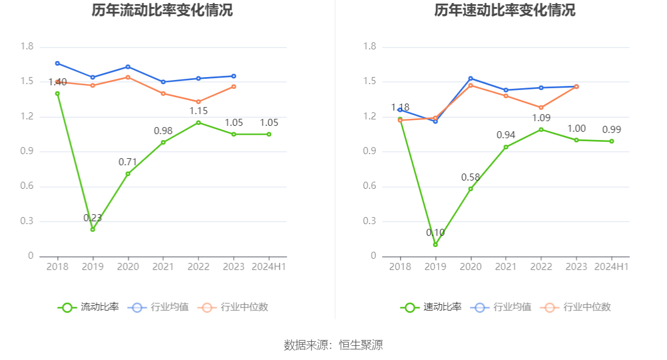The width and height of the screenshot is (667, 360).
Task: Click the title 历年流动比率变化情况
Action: pyautogui.click(x=162, y=11)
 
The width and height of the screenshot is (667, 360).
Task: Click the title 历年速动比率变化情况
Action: pyautogui.click(x=505, y=11)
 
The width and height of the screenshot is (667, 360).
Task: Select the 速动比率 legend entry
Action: pyautogui.click(x=431, y=307)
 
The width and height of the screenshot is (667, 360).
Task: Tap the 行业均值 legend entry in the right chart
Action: pyautogui.click(x=501, y=307)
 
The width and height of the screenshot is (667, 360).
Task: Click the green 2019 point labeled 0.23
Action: pyautogui.click(x=92, y=229)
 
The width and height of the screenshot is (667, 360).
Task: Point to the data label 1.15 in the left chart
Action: pyautogui.click(x=198, y=111)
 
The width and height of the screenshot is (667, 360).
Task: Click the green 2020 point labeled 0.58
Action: pyautogui.click(x=471, y=189)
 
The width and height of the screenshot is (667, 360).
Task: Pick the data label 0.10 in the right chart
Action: pyautogui.click(x=435, y=233)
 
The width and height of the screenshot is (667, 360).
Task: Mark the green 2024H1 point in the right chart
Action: pyautogui.click(x=612, y=141)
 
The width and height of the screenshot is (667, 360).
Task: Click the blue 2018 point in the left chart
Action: pyautogui.click(x=57, y=63)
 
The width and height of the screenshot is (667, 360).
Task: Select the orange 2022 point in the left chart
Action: pyautogui.click(x=198, y=102)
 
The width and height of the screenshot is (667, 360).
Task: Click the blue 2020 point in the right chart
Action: pyautogui.click(x=471, y=78)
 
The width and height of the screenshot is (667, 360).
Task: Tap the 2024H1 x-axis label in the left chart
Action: pyautogui.click(x=269, y=266)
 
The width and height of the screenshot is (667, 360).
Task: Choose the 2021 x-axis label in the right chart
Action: pyautogui.click(x=506, y=266)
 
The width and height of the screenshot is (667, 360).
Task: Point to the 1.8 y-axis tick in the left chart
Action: pyautogui.click(x=27, y=47)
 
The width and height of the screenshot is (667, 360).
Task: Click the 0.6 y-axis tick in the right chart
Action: pyautogui.click(x=369, y=186)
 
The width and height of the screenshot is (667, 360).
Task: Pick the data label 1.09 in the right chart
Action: pyautogui.click(x=541, y=118)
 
